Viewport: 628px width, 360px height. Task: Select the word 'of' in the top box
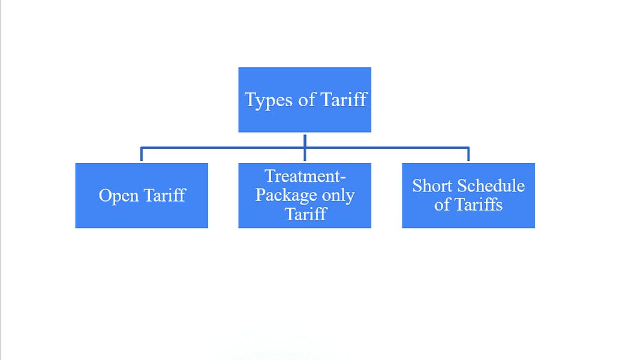306,100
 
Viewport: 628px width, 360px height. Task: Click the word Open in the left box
120,196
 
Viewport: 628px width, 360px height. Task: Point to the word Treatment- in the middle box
305,176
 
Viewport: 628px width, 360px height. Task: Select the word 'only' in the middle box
338,196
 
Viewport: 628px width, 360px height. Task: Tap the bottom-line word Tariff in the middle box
305,214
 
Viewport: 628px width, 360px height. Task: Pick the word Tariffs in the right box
477,205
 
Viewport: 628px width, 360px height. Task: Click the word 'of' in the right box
442,205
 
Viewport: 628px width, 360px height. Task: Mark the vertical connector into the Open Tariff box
142,155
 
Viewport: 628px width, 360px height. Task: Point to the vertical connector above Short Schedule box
468,155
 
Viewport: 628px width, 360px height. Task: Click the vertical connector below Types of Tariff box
305,140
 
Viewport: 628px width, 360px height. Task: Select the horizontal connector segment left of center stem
222,147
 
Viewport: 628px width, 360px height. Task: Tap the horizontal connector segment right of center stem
387,147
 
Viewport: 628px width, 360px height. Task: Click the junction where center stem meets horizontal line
305,147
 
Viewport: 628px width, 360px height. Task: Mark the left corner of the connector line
142,147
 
